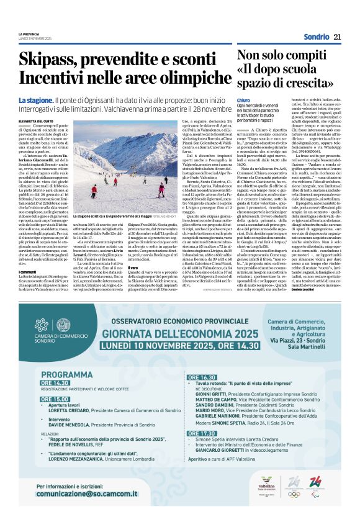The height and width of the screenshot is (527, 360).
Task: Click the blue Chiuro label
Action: pos(243,99)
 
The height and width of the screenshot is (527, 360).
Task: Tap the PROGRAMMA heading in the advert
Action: pos(61,375)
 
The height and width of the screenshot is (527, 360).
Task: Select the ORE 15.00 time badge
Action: pos(54,399)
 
